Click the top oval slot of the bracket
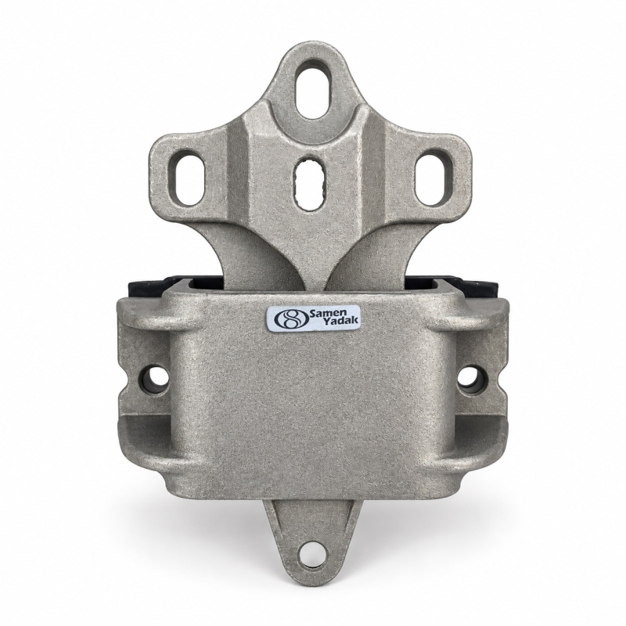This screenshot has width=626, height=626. coord(314,90)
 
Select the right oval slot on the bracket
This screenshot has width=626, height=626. coord(434,181)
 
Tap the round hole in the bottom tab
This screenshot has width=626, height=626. coord(313,555)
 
